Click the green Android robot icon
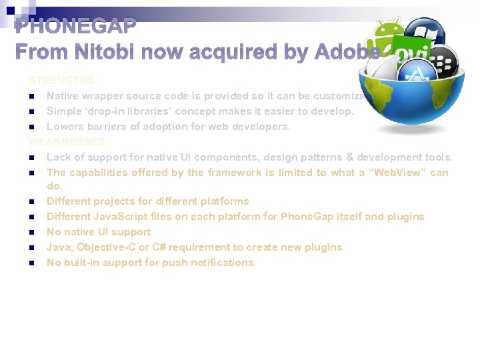click(x=387, y=35)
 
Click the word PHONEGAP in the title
click(x=76, y=27)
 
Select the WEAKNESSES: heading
click(x=68, y=142)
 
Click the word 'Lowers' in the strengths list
click(x=65, y=127)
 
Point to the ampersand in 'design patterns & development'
click(x=350, y=157)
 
